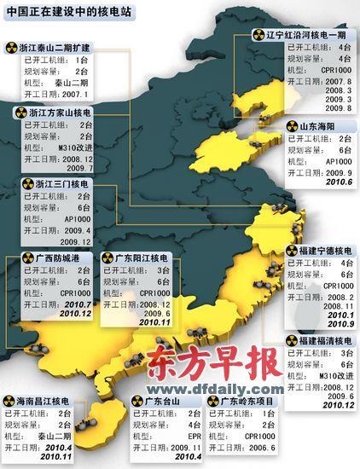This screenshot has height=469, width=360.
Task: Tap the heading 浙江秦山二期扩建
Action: [55, 46]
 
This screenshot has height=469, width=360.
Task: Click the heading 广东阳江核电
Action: [142, 257]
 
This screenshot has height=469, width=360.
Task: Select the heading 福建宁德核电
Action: [321, 251]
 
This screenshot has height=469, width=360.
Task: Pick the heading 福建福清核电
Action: [321, 341]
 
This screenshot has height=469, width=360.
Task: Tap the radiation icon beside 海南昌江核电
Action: [9, 399]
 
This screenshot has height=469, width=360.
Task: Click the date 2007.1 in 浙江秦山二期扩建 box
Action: [76, 95]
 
